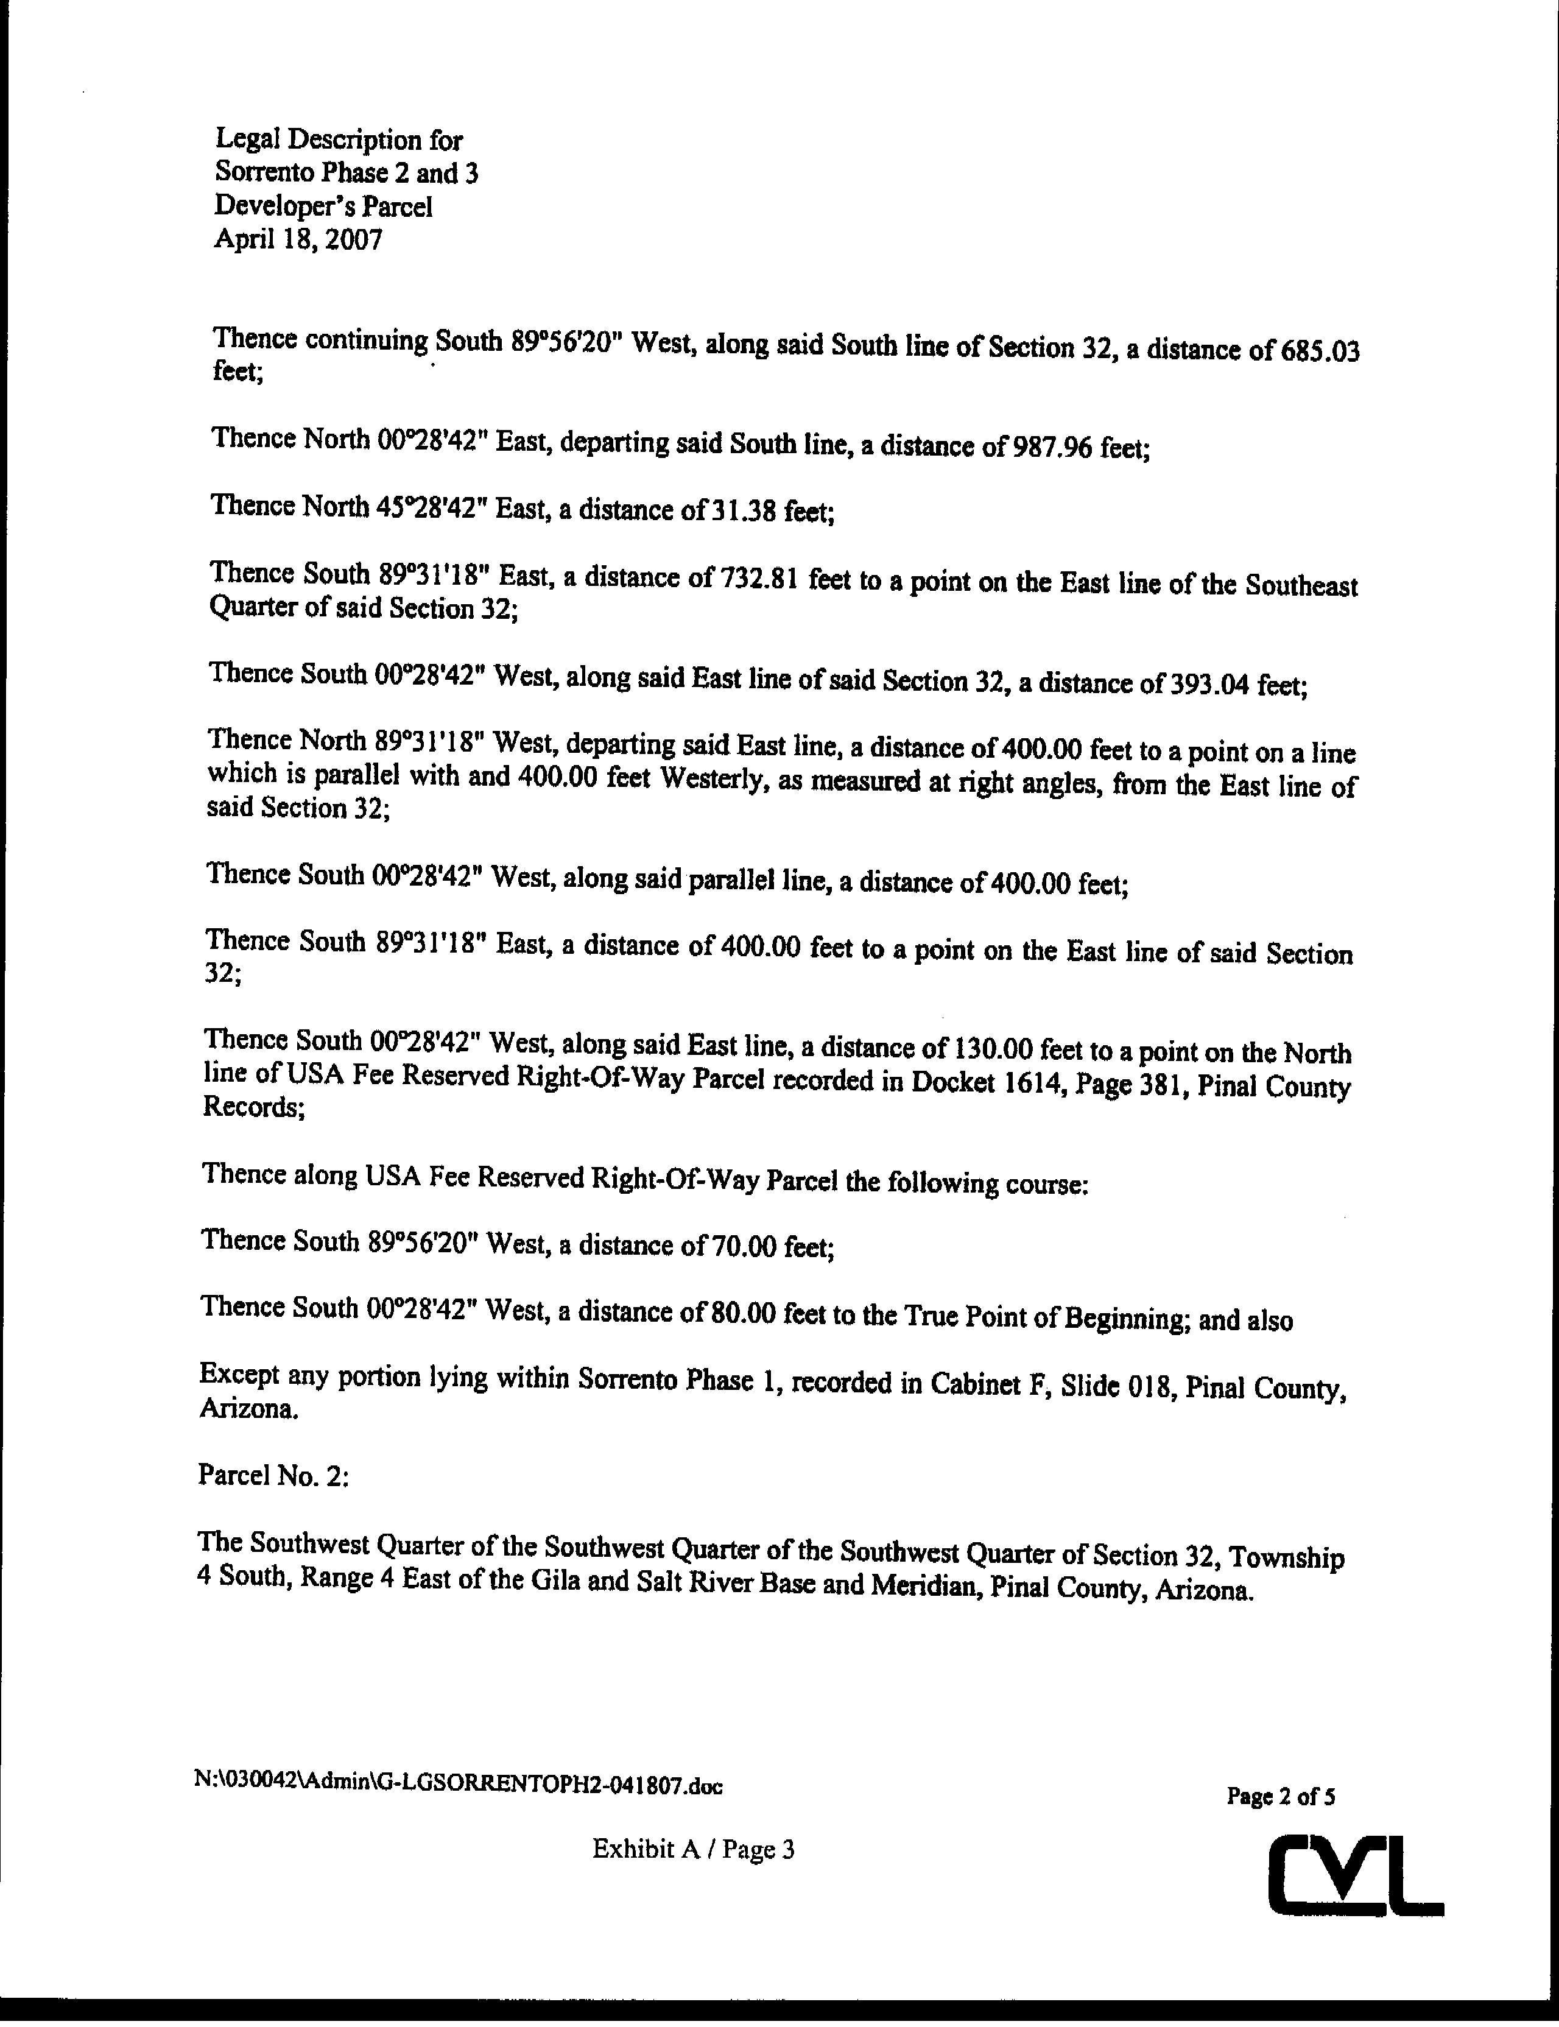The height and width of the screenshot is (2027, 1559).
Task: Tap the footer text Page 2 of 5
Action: point(1281,1796)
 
